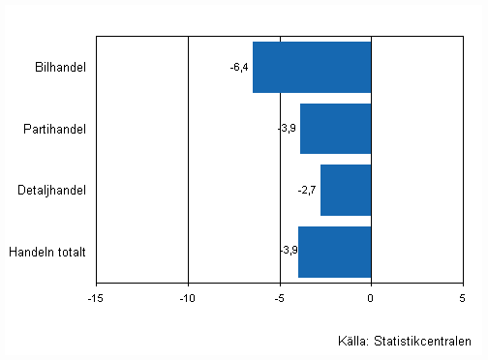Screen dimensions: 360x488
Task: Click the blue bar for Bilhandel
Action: point(312,67)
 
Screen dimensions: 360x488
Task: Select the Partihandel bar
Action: point(336,128)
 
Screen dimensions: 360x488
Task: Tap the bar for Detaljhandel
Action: point(346,190)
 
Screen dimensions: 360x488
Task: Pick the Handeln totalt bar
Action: point(335,252)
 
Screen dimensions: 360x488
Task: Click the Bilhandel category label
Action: point(59,67)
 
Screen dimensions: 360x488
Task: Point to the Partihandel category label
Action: point(57,129)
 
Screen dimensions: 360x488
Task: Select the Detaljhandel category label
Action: point(53,191)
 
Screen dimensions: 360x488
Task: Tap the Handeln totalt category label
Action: point(47,253)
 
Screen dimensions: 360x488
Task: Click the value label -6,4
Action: point(239,67)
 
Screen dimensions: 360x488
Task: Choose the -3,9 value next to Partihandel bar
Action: point(287,129)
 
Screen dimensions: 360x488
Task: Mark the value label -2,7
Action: point(307,191)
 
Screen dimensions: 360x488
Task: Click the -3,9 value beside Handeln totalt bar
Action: point(288,252)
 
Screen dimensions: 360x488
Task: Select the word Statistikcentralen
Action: point(424,340)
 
